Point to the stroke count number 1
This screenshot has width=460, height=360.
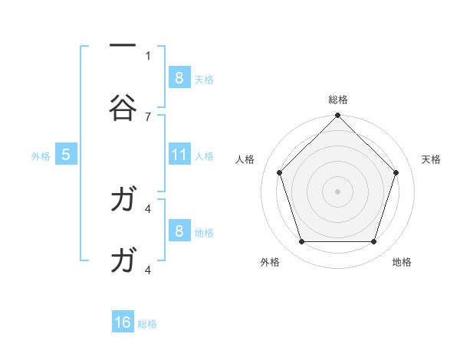[x=148, y=55]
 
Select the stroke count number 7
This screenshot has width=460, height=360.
[x=148, y=116]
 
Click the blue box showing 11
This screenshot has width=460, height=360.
[x=179, y=155]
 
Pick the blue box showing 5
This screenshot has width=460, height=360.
[x=66, y=155]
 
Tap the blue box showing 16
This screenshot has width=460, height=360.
[x=123, y=322]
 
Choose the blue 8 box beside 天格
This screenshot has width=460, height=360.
[x=179, y=77]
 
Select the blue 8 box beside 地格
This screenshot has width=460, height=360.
[x=179, y=231]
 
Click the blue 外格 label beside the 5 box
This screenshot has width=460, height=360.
[x=41, y=155]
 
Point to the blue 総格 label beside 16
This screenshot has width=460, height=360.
[x=147, y=323]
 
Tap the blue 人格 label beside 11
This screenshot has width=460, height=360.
[x=204, y=155]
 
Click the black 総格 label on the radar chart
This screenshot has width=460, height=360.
[x=338, y=100]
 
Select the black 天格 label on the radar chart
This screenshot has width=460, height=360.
[x=432, y=159]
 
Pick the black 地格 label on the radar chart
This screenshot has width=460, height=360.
[x=402, y=262]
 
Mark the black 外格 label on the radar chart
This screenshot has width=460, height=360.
[x=271, y=262]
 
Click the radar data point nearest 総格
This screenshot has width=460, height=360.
[x=337, y=116]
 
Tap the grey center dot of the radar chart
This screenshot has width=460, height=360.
[x=337, y=191]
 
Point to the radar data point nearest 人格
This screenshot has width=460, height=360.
[x=279, y=172]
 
